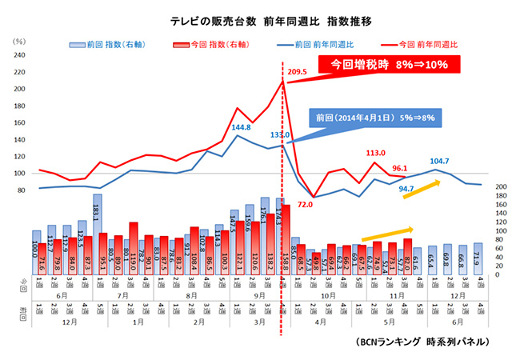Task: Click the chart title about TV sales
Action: point(260,17)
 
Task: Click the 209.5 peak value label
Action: point(298,72)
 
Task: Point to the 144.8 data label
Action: point(241,127)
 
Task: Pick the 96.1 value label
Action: point(400,169)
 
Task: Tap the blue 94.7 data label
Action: point(406,190)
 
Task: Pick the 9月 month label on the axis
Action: point(260,295)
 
